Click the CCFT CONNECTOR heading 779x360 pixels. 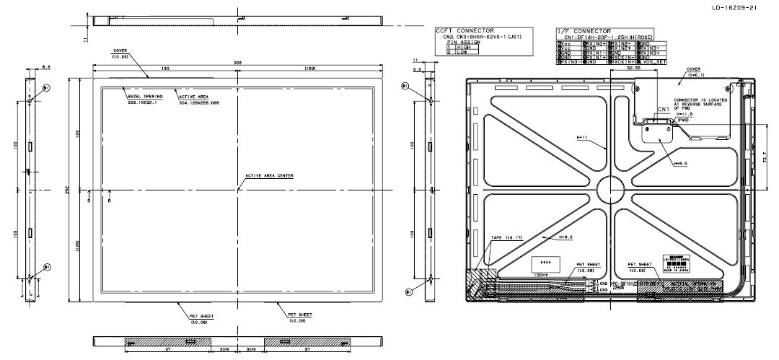(x=465, y=30)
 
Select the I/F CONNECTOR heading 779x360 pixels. (x=584, y=31)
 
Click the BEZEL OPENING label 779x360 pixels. (x=145, y=96)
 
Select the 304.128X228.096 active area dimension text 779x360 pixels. (x=199, y=102)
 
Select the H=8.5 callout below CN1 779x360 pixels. (x=679, y=164)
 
